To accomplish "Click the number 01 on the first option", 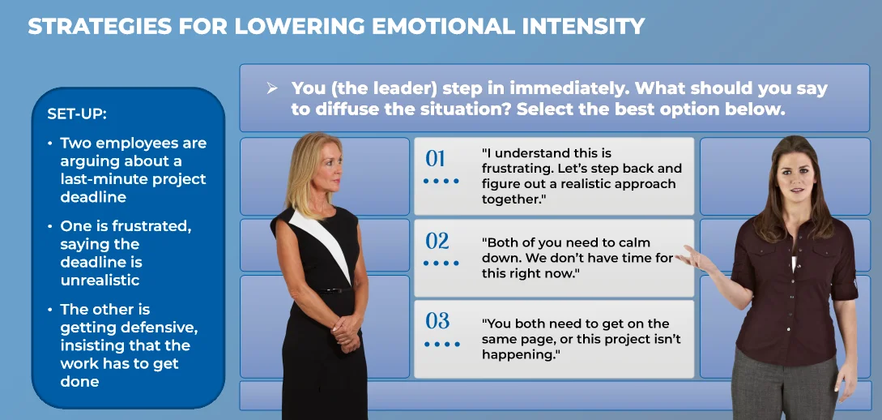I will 436,158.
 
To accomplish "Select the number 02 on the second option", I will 437,241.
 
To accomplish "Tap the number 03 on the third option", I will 437,320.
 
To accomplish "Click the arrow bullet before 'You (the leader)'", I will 272,88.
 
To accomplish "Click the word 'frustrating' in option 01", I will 518,169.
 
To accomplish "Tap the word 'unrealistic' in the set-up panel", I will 100,281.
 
